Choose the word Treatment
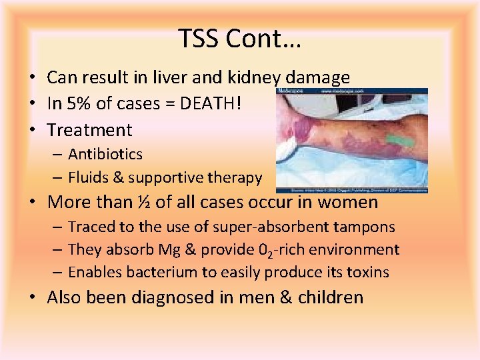coord(90,130)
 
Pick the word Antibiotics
coord(105,154)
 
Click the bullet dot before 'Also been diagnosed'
coord(31,297)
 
